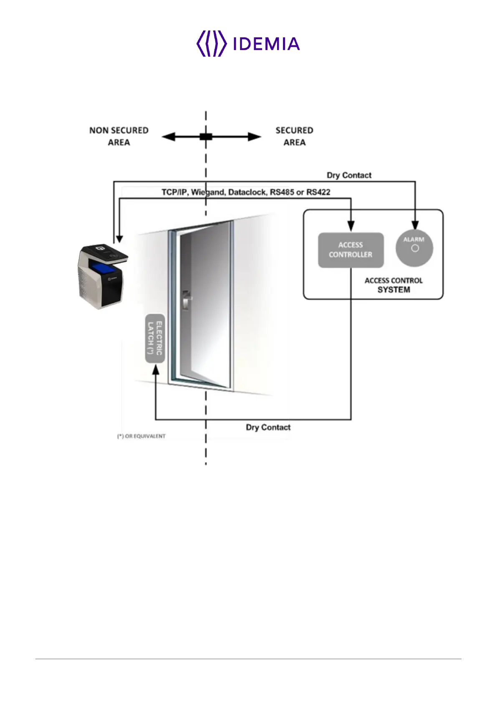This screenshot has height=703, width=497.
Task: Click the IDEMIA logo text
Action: (x=266, y=44)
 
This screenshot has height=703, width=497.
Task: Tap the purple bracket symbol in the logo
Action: (x=212, y=43)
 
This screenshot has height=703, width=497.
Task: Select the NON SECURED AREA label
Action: (x=119, y=136)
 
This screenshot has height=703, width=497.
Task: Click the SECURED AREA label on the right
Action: (x=294, y=136)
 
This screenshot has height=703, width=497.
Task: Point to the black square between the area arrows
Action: (x=206, y=137)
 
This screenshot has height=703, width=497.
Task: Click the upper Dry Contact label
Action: (x=349, y=175)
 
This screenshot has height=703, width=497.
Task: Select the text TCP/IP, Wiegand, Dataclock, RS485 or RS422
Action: (x=246, y=192)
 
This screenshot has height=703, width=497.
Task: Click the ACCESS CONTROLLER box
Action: (x=351, y=250)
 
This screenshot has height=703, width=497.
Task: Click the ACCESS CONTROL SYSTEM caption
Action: (x=394, y=285)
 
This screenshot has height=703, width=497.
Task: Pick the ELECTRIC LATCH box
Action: (x=155, y=338)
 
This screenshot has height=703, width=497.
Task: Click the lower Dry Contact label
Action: (x=268, y=427)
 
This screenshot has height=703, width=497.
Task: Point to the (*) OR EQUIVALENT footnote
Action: (x=141, y=436)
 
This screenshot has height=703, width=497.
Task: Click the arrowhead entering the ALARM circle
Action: (x=415, y=225)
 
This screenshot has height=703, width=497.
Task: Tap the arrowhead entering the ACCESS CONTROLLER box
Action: (x=351, y=225)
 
